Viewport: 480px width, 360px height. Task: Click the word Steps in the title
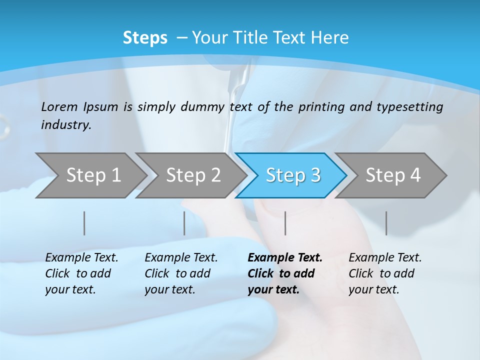(145, 38)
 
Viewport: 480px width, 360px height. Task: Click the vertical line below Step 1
(84, 223)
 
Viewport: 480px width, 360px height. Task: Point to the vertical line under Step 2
(184, 223)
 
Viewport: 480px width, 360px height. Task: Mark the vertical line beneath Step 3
(285, 223)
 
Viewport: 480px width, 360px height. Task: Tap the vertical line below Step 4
(386, 223)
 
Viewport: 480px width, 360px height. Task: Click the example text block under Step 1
(81, 273)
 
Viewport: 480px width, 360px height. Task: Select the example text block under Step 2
(181, 273)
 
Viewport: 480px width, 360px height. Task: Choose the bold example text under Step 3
(284, 273)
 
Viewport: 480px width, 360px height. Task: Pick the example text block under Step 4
(385, 273)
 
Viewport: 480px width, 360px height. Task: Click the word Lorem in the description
(59, 106)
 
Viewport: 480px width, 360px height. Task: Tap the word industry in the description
(65, 124)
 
